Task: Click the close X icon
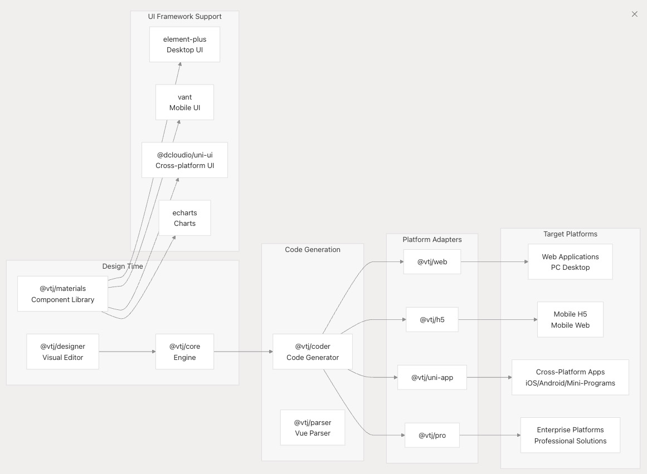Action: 634,14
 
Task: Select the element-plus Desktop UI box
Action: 184,45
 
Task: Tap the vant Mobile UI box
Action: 184,102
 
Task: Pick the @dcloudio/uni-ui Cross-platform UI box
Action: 184,160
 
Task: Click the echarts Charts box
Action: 184,218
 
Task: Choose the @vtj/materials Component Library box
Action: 62,294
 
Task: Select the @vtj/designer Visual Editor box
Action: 62,352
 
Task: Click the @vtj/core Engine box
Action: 184,352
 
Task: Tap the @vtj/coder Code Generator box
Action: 312,352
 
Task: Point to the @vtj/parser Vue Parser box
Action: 312,428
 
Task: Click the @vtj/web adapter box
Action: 432,261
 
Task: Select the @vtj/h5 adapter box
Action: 432,319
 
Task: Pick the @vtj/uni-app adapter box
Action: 432,377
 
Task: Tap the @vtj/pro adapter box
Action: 432,435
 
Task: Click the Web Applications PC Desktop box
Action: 570,261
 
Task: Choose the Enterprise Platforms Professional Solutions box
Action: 570,435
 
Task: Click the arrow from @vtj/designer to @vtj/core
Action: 127,352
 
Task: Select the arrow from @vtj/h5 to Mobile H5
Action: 498,319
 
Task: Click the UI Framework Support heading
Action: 184,16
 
